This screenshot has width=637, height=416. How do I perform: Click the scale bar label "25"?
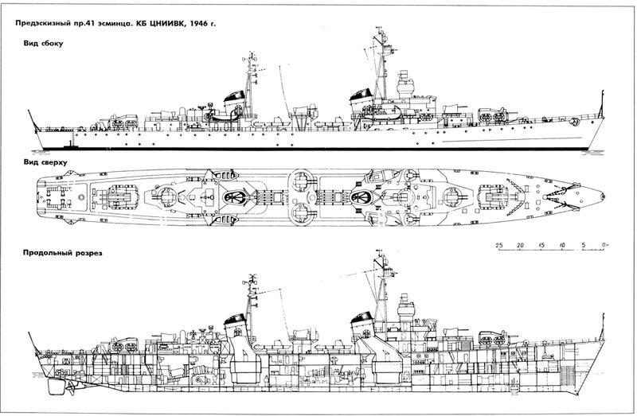click(x=498, y=243)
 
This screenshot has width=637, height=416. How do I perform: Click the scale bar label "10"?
click(x=562, y=243)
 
